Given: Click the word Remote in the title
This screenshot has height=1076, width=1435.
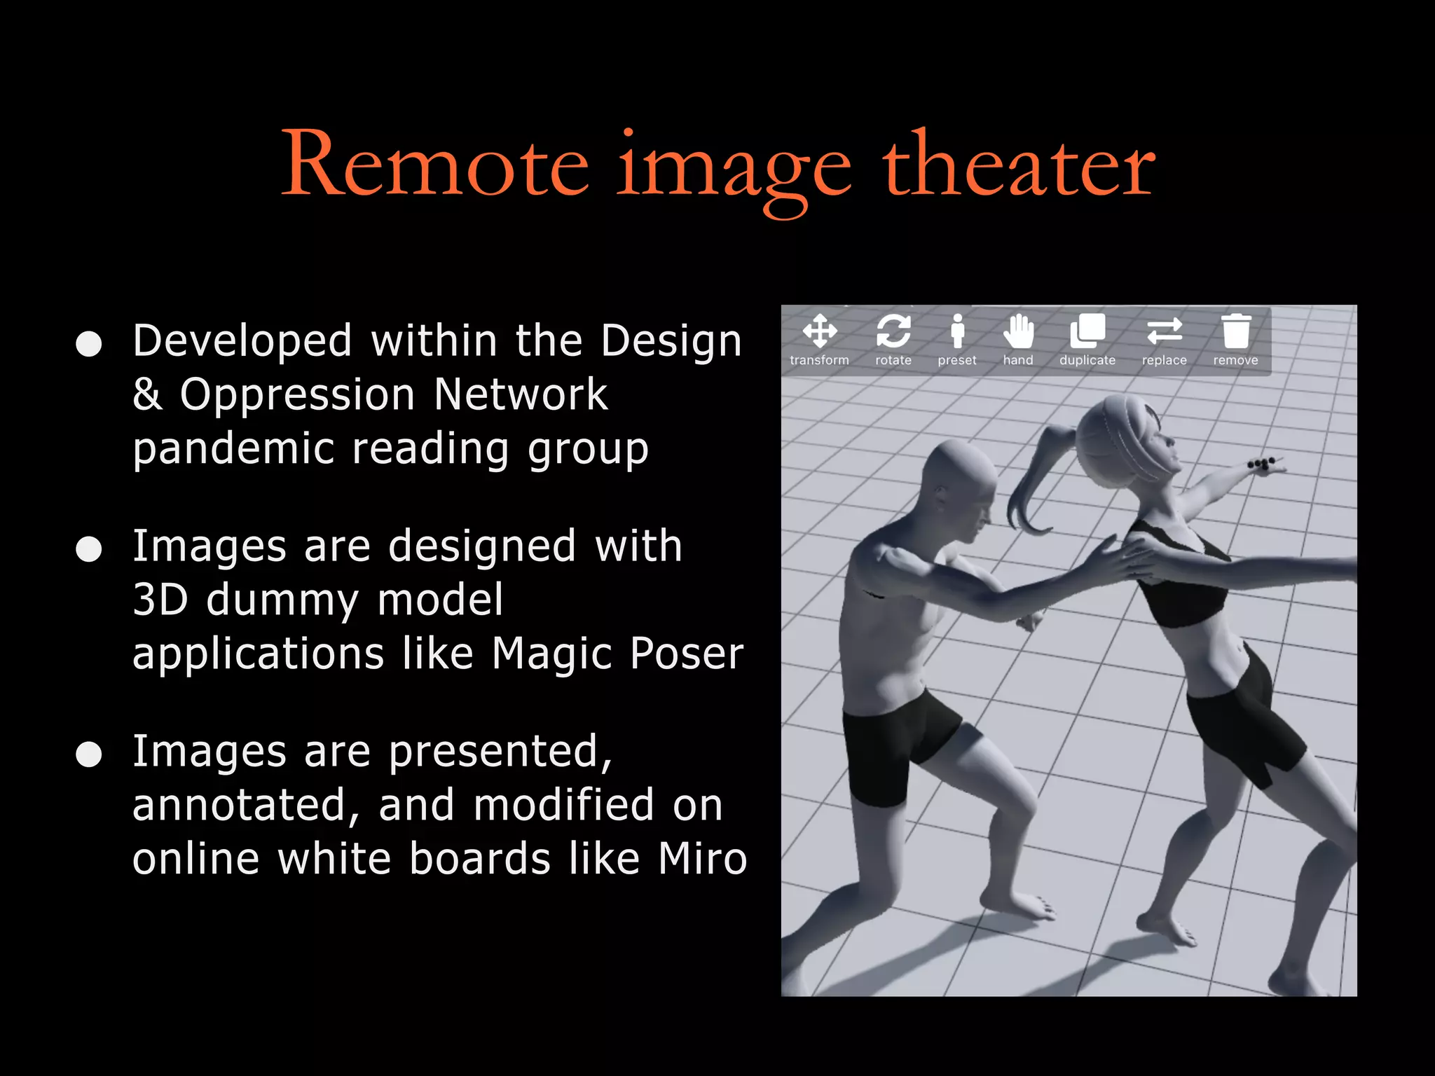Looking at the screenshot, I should click(x=434, y=167).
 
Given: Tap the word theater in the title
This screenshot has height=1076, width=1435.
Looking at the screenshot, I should click(x=1018, y=167).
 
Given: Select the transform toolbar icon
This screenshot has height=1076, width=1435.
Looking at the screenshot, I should click(x=820, y=331).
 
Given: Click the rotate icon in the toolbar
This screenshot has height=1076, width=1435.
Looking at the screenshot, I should click(x=893, y=331).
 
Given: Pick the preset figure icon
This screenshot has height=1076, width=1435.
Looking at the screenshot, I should click(x=957, y=331).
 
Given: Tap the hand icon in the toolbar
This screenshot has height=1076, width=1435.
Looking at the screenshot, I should click(x=1018, y=331).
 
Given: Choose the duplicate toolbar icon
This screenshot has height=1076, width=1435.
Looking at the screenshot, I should click(x=1087, y=331).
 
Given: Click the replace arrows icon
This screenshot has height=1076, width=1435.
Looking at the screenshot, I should click(x=1165, y=331).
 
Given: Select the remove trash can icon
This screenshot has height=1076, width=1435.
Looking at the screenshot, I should click(x=1236, y=331).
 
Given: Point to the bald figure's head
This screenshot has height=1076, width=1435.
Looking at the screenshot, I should click(x=959, y=483).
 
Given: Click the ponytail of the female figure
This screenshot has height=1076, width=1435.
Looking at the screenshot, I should click(x=1030, y=483).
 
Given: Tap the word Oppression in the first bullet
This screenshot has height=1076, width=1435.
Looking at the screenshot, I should click(x=297, y=395).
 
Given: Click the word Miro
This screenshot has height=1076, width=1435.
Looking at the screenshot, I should click(x=703, y=859).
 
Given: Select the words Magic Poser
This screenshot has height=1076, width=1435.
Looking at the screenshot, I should click(x=617, y=654).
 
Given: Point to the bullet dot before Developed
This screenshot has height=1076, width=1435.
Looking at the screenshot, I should click(x=89, y=344).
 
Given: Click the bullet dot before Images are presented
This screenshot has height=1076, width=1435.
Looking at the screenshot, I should click(x=89, y=754).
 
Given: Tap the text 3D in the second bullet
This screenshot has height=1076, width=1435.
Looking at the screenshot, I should click(x=160, y=600).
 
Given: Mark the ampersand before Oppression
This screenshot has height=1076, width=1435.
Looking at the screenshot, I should click(x=147, y=395).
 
